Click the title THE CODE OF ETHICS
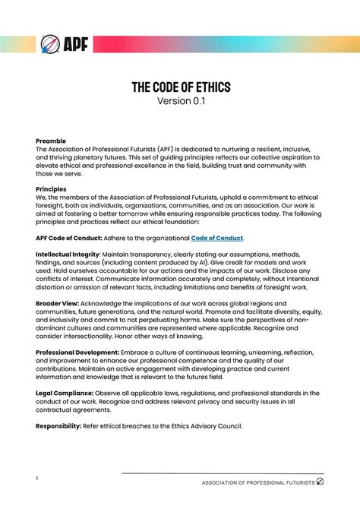click(x=180, y=88)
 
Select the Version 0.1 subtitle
click(x=180, y=102)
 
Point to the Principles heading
click(x=52, y=188)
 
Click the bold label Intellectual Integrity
click(x=68, y=254)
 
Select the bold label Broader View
click(x=60, y=302)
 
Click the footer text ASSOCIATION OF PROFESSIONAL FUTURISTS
click(x=257, y=482)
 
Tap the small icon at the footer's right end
click(x=320, y=481)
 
